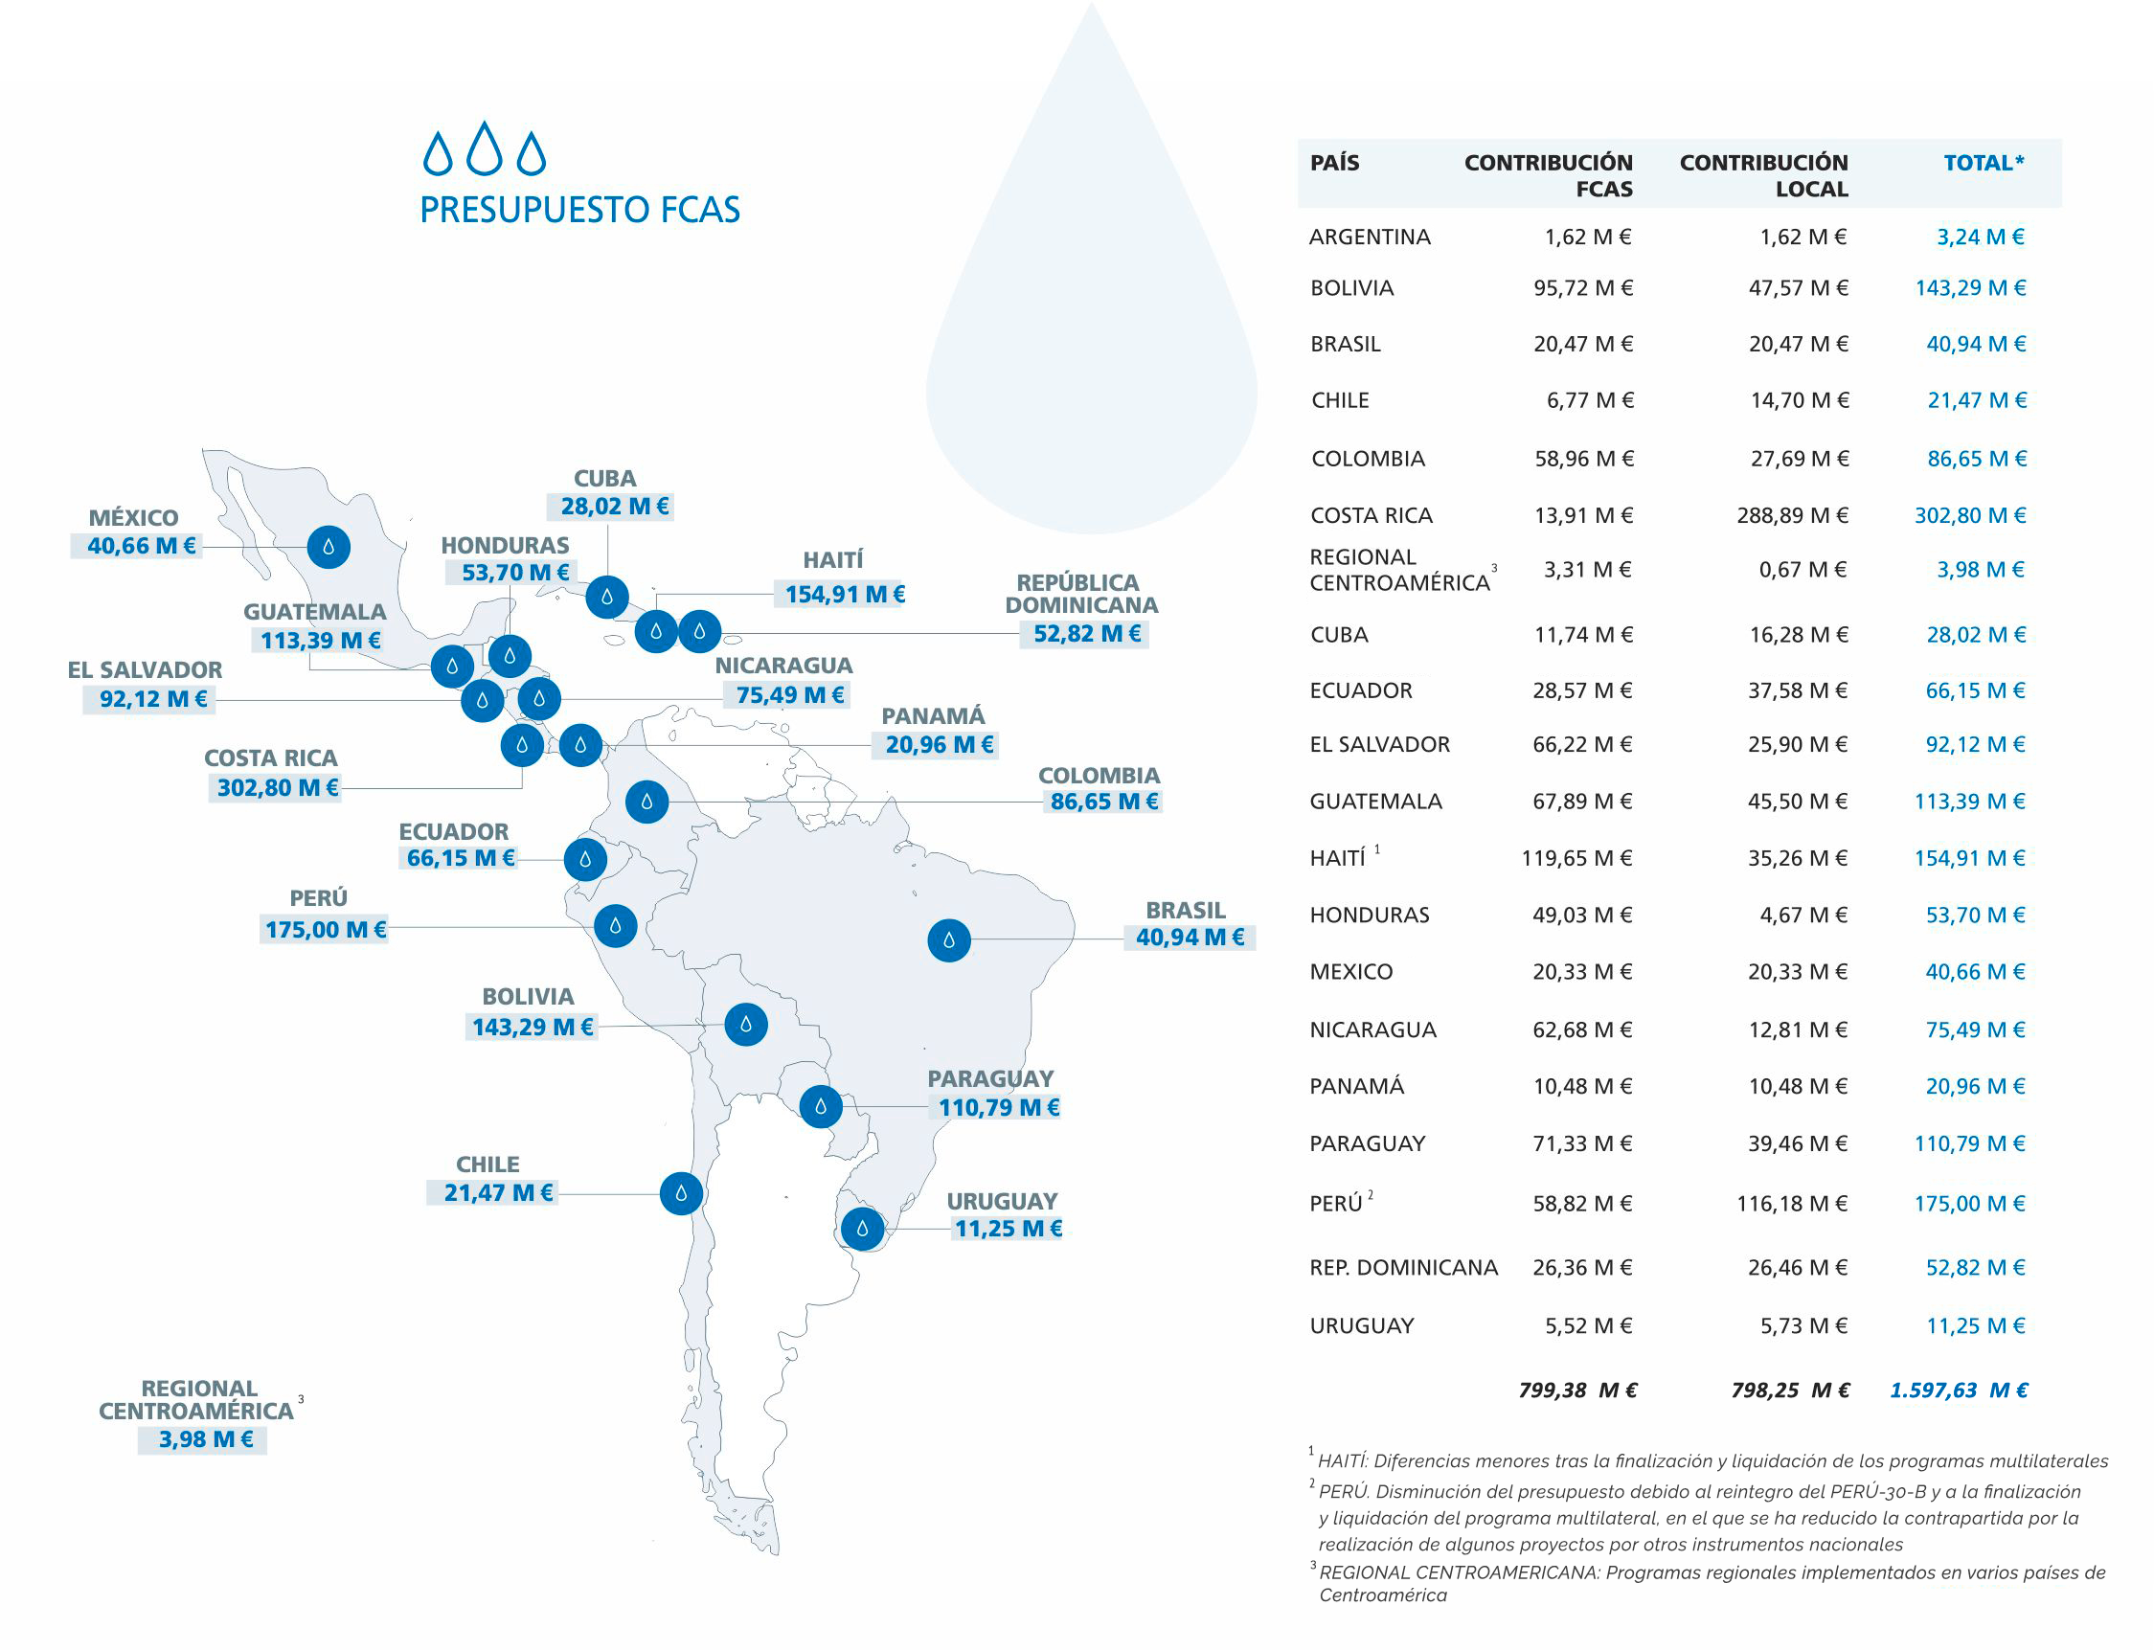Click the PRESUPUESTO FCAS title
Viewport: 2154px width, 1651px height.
579,210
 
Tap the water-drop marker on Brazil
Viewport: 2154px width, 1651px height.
948,940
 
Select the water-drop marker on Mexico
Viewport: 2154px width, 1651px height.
329,547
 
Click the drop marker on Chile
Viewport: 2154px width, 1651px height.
681,1193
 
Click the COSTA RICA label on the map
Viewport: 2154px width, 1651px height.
270,758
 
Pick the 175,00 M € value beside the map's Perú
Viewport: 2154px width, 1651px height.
326,929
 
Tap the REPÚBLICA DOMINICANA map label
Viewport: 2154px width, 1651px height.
1081,594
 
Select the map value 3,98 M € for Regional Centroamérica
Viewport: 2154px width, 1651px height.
205,1438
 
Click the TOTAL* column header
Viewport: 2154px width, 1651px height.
1983,163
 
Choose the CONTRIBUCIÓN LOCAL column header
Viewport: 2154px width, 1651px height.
1763,175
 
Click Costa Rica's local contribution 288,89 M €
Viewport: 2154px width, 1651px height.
1791,515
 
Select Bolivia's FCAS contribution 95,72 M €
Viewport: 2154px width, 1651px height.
1582,288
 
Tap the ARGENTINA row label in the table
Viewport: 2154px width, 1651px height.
1369,237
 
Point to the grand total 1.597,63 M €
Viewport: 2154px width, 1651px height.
1958,1390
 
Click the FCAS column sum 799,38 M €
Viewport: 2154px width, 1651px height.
1577,1390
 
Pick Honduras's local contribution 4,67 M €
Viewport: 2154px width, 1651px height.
1803,915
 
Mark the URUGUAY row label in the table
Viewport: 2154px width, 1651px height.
1361,1325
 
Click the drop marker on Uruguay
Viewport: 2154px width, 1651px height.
862,1229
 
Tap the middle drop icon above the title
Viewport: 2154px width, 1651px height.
485,148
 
